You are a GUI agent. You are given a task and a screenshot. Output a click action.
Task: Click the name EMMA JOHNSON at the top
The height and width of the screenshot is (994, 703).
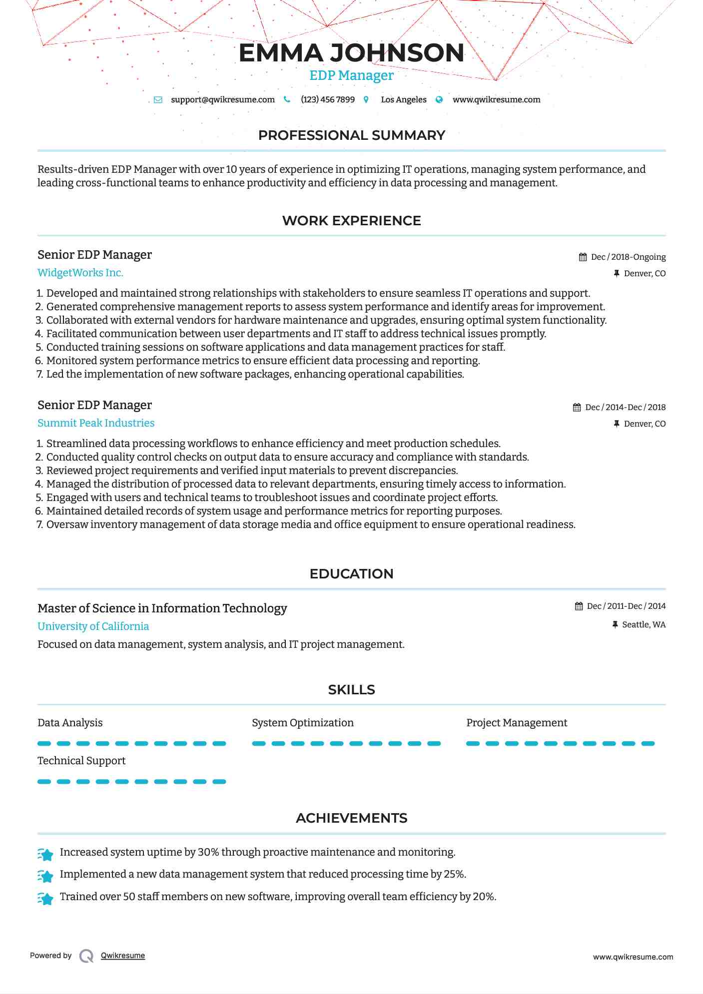[351, 53]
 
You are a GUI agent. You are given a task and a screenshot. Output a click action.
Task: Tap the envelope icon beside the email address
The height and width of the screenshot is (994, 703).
[158, 99]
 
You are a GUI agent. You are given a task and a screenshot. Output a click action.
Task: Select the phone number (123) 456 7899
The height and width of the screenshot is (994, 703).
[327, 99]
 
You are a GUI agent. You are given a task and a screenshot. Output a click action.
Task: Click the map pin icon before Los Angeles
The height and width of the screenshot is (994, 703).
[366, 99]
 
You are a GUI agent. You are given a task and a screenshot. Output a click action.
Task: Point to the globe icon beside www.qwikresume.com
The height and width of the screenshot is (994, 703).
[439, 99]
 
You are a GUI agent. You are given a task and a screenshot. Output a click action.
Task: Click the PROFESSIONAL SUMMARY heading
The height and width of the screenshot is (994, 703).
[351, 135]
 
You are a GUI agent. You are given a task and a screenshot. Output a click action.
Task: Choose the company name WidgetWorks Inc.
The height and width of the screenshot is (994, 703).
[80, 273]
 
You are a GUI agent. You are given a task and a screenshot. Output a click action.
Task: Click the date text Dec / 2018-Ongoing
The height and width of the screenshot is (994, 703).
[628, 257]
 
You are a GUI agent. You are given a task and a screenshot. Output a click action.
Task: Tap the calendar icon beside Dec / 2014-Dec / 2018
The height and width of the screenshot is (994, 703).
[577, 407]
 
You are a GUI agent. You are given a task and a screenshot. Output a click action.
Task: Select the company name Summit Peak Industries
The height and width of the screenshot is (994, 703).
[96, 423]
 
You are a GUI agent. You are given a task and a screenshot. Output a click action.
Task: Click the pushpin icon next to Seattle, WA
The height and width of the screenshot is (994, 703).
[615, 624]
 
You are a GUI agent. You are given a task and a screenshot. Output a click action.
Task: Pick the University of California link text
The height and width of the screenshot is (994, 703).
[93, 626]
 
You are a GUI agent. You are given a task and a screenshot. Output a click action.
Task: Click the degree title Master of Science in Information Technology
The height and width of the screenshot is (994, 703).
[162, 608]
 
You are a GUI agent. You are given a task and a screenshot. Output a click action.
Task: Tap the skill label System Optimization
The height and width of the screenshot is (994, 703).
[302, 723]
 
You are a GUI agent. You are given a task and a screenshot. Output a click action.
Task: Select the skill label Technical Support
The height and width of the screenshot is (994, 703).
[81, 761]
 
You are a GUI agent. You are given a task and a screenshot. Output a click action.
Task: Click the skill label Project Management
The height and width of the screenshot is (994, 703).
[517, 723]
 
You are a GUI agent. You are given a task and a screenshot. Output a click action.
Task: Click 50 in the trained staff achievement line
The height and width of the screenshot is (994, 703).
[129, 897]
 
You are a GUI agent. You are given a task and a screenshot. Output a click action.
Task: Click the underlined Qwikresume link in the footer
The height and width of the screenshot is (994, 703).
[123, 956]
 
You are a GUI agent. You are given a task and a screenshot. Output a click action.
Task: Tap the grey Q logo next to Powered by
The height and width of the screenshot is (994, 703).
[86, 956]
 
